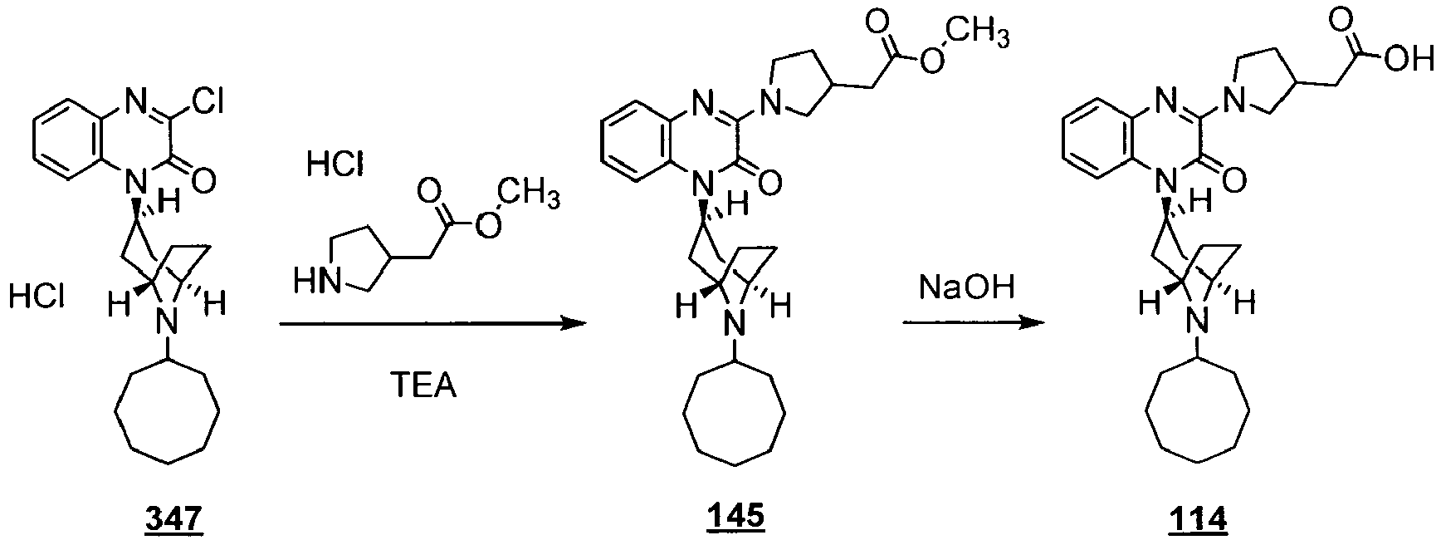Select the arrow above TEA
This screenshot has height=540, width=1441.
click(x=428, y=324)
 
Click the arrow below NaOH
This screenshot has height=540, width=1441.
click(x=972, y=322)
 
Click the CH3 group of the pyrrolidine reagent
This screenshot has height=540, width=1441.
click(x=530, y=195)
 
